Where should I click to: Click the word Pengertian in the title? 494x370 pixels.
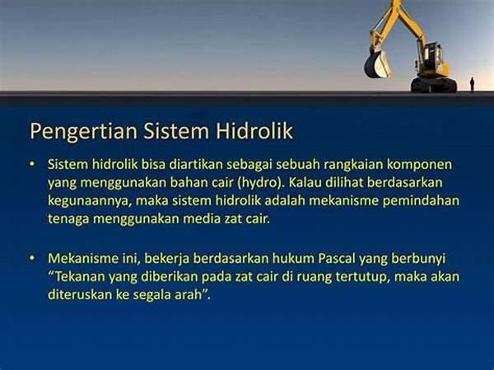point(83,132)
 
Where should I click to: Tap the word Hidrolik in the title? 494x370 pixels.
point(254,130)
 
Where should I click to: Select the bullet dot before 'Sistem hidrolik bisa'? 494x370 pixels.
point(31,164)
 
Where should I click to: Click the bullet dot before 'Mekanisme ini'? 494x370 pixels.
point(31,258)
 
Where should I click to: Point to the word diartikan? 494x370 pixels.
point(196,164)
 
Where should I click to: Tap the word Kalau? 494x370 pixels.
point(305,182)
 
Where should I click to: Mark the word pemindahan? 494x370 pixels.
point(421,201)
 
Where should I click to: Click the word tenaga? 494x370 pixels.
point(68,219)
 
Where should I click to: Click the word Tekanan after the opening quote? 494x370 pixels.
point(80,277)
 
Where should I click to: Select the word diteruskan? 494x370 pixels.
point(80,295)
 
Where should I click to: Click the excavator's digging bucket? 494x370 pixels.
point(377,64)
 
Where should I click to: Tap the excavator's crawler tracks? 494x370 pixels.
point(434,85)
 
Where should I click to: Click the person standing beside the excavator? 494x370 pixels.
point(472,84)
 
